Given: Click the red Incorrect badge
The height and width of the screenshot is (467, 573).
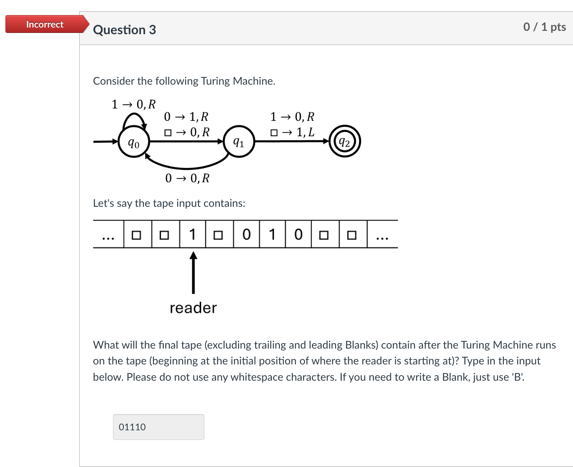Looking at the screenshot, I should [x=45, y=24].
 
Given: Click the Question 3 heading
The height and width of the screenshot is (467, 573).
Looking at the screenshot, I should [x=124, y=30].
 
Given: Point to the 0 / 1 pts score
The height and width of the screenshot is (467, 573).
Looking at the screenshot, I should [x=544, y=27].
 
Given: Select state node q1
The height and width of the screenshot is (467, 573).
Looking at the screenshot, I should [x=239, y=142].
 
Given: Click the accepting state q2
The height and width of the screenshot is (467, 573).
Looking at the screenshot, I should [x=344, y=142].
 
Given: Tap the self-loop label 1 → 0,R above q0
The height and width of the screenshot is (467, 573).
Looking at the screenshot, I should [x=133, y=104].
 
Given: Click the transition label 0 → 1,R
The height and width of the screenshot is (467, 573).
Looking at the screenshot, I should [x=186, y=117].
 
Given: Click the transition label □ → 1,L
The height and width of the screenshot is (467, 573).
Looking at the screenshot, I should [x=292, y=133].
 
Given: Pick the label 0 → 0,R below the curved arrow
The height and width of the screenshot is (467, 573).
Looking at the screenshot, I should [x=187, y=178].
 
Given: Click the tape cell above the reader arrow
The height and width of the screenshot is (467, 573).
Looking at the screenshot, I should [x=193, y=234].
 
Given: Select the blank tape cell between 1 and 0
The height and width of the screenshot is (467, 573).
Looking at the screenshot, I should [x=219, y=234].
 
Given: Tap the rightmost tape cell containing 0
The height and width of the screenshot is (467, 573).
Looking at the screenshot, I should [x=298, y=234].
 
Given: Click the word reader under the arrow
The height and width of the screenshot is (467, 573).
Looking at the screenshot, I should [x=193, y=308].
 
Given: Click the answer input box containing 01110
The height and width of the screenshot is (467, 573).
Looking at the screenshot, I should [x=158, y=427].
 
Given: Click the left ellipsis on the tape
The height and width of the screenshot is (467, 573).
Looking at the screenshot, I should [x=108, y=237].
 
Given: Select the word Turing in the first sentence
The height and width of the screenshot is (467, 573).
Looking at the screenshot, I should [x=215, y=81].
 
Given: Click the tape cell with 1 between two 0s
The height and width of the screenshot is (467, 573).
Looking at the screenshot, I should [x=272, y=234].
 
